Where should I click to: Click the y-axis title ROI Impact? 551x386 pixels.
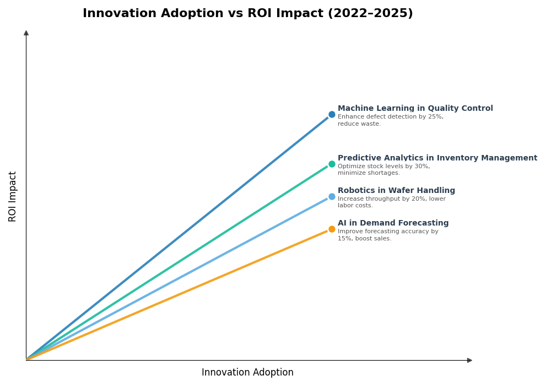13,196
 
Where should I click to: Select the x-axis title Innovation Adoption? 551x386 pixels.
247,373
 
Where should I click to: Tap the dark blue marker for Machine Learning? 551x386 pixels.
332,115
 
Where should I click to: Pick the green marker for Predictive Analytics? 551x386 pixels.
332,164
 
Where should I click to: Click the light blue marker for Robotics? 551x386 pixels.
332,196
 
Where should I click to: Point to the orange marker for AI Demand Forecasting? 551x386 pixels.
332,229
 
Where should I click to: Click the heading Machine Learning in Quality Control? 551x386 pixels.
415,109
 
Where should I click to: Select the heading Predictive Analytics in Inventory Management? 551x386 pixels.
437,158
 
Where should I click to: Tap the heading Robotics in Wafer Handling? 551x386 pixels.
396,191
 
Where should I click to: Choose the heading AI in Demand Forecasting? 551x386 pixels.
393,223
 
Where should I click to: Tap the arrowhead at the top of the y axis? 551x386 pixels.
26,33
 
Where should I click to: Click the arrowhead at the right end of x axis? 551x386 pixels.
469,360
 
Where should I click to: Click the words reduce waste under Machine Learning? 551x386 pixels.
359,124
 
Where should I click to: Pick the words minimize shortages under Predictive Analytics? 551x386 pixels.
369,173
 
